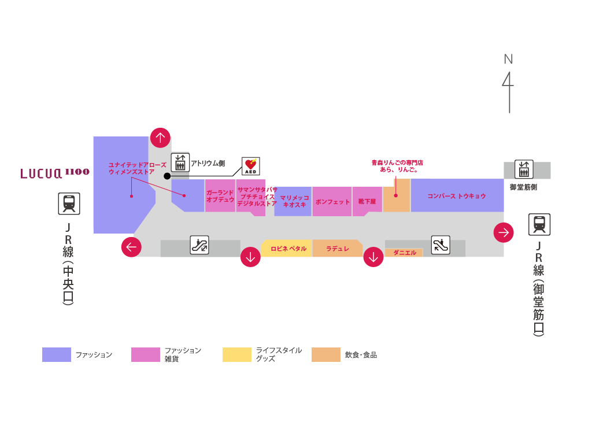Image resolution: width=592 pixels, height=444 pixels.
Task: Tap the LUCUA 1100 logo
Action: point(55,173)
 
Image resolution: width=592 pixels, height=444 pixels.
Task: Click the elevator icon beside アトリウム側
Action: point(179,162)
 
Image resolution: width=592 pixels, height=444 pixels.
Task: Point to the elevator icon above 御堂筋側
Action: point(524,169)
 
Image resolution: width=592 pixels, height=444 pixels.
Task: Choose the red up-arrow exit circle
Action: point(160,138)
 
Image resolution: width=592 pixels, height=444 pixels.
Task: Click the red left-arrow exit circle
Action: point(131,247)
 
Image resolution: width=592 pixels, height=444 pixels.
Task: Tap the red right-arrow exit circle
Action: point(504,232)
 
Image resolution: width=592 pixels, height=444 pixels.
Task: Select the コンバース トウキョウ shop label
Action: point(457,196)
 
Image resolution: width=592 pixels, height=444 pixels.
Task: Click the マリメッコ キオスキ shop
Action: point(294,201)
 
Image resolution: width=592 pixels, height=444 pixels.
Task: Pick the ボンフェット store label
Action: point(332,202)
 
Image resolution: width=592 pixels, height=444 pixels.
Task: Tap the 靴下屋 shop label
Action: point(367,202)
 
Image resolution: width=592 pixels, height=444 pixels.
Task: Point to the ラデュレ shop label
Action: point(338,249)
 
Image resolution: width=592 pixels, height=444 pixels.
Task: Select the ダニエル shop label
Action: point(405,253)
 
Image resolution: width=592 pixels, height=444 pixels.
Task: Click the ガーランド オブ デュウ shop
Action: point(220,195)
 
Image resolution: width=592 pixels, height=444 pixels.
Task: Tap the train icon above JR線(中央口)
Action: point(69,203)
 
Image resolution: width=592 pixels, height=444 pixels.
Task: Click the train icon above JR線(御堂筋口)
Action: point(539,224)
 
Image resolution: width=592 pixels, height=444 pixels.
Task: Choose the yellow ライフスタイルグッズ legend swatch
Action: point(237,355)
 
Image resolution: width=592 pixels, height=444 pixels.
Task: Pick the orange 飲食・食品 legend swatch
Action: point(325,355)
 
